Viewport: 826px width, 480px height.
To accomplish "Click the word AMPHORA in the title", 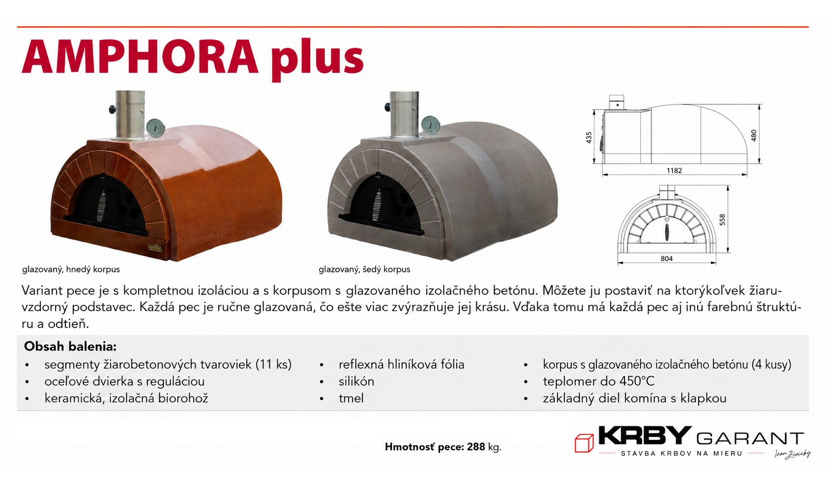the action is click(x=140, y=57).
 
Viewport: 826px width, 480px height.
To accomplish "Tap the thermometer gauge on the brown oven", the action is click(x=155, y=128).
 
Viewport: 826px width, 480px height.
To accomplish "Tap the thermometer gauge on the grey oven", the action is click(x=430, y=125).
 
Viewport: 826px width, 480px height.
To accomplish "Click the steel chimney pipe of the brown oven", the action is click(x=130, y=114).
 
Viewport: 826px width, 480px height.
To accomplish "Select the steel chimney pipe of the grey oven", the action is click(x=404, y=114).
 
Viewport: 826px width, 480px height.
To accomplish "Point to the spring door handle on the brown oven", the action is click(x=102, y=206).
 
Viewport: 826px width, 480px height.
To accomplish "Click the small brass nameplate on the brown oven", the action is click(x=155, y=248).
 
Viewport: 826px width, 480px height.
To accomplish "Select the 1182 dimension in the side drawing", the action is click(x=674, y=170).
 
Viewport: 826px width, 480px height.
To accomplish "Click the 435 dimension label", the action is click(x=589, y=138).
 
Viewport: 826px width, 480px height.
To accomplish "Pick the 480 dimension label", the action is click(x=754, y=135).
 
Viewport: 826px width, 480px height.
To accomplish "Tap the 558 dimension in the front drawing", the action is click(x=723, y=220).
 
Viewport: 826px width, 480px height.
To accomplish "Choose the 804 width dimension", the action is click(x=666, y=259).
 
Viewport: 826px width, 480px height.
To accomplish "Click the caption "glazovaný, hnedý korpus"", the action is click(x=71, y=270).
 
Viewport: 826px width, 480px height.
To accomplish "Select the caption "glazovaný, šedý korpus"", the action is click(x=364, y=270).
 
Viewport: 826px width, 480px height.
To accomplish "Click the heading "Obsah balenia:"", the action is click(x=70, y=346).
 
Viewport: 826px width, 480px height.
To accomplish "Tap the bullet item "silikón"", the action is click(x=356, y=381).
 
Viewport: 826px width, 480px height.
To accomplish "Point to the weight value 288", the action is click(x=476, y=447).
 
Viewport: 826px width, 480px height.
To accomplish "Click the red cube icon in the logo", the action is click(x=584, y=443).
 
